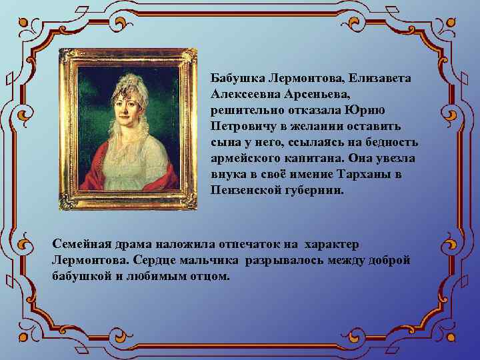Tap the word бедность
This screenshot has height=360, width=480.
(390, 142)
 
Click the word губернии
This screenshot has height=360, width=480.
(318, 190)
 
